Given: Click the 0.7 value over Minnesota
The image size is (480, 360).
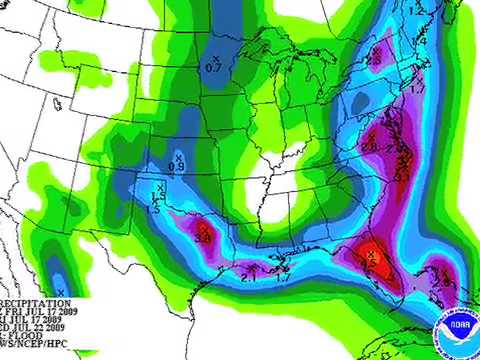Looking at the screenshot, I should pos(213,67).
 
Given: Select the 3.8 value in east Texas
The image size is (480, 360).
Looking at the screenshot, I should pos(201,238).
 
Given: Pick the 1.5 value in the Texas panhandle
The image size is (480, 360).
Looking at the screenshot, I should pos(154,207).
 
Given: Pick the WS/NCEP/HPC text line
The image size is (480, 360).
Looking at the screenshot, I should pos(36,343).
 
